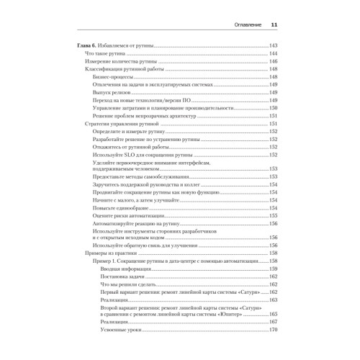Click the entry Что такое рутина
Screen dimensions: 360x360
pos(107,55)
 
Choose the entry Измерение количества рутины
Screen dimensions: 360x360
pos(121,63)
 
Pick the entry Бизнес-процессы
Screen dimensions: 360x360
pos(113,78)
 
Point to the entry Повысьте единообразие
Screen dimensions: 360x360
pos(121,207)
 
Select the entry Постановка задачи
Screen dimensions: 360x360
pos(126,276)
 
